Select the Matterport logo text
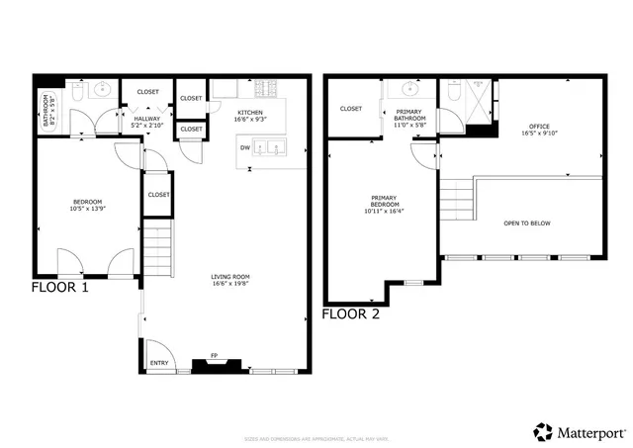pyautogui.click(x=589, y=432)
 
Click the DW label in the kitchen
pyautogui.click(x=243, y=147)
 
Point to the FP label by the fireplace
pyautogui.click(x=213, y=354)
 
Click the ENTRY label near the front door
pyautogui.click(x=159, y=363)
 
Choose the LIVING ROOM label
pyautogui.click(x=228, y=280)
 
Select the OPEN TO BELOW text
pyautogui.click(x=526, y=224)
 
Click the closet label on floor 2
pyautogui.click(x=351, y=109)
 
